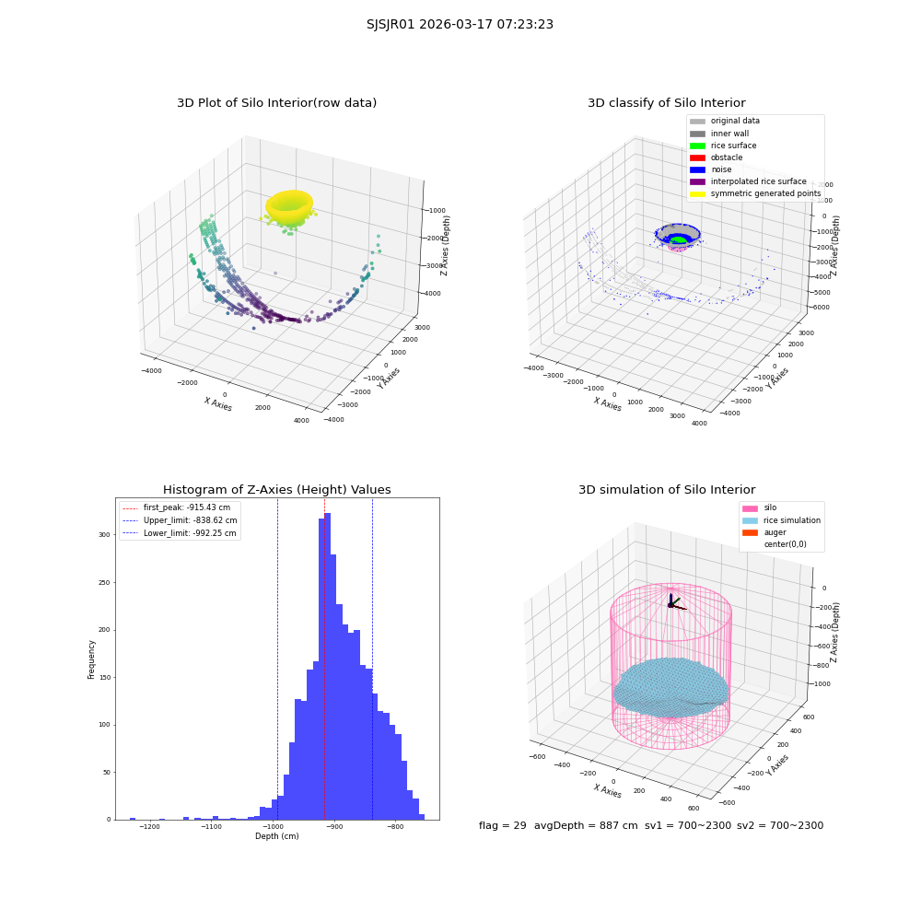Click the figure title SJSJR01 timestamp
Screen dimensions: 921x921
click(x=460, y=24)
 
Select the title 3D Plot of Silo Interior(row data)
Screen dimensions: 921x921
click(x=276, y=103)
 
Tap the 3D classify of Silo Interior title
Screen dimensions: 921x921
click(x=667, y=103)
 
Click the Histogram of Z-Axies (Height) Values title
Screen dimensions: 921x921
click(x=276, y=489)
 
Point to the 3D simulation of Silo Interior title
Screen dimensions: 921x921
click(x=667, y=489)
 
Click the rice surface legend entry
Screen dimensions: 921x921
click(x=723, y=146)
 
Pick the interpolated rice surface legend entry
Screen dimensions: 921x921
click(x=748, y=181)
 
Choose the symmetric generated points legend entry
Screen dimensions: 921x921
click(x=755, y=193)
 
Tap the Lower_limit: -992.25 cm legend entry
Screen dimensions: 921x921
click(x=180, y=533)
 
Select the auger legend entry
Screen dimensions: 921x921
click(x=764, y=532)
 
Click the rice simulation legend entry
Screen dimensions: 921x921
click(x=781, y=520)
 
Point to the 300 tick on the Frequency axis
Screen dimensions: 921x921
click(x=104, y=535)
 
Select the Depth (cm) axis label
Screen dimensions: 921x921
click(x=277, y=836)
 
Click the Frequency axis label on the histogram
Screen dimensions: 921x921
click(x=91, y=659)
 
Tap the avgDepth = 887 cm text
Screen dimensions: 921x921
click(x=586, y=826)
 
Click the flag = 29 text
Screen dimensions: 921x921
click(x=503, y=826)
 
